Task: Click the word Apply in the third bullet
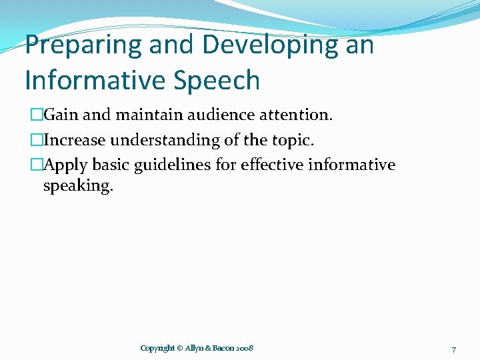pos(65,165)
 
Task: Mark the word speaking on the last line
pos(78,186)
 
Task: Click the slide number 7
pos(453,349)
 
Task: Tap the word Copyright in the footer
pos(158,349)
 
